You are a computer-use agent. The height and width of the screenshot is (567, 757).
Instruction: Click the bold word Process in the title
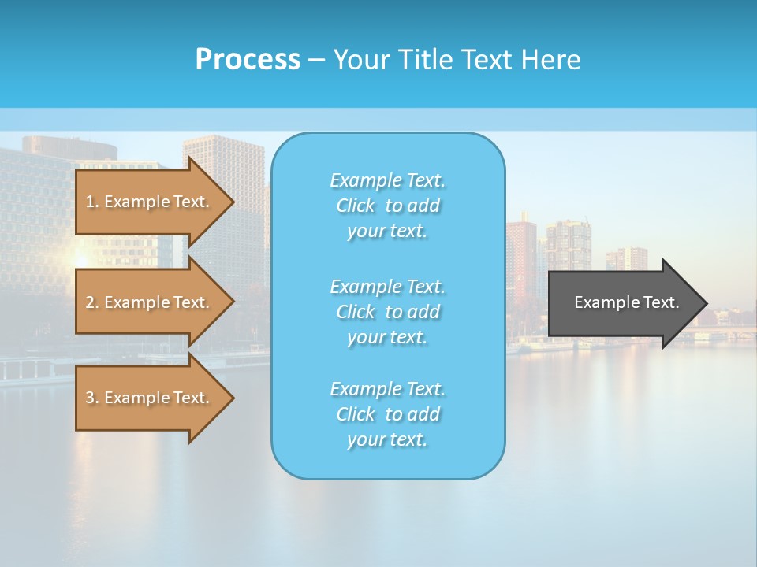coord(248,60)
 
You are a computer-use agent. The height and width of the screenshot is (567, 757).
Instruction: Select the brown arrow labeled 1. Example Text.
coord(150,202)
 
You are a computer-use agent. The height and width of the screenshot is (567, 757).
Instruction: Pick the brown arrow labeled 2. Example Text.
coord(150,302)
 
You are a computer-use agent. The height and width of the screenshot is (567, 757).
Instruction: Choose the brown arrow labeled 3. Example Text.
coord(150,398)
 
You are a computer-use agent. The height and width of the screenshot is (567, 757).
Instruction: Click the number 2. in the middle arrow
coord(92,302)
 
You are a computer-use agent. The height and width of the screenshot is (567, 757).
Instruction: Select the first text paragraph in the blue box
coord(387,206)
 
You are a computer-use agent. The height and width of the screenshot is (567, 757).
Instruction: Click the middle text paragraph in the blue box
coord(387,312)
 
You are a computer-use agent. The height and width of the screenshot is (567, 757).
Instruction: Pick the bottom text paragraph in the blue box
coord(387,414)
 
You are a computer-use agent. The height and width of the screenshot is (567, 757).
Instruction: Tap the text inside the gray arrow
coord(626,302)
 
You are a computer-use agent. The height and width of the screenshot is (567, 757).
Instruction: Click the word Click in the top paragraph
coord(356,206)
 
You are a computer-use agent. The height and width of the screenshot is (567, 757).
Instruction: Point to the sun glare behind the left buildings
coord(80,259)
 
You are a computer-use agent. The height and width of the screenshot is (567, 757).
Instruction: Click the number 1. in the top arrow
coord(92,202)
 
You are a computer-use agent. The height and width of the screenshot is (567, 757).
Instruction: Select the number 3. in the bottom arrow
coord(92,398)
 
